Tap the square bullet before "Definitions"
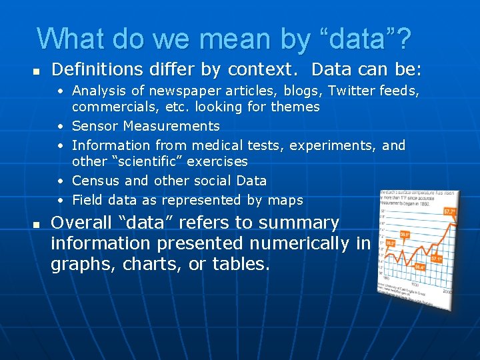coord(37,70)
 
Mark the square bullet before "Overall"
coord(37,223)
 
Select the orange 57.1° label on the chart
coord(437,257)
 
